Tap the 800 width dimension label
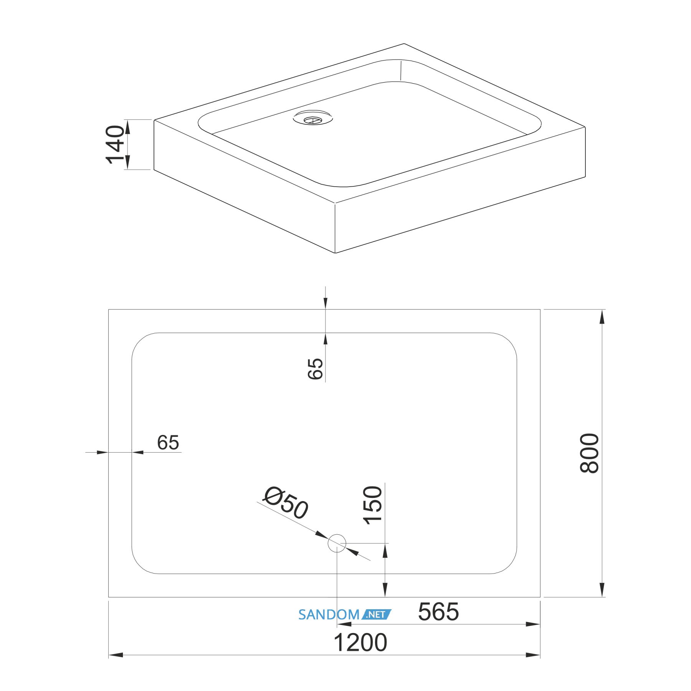pyautogui.click(x=589, y=453)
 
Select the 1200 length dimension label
pyautogui.click(x=360, y=643)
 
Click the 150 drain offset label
pyautogui.click(x=373, y=505)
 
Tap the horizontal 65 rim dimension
pyautogui.click(x=168, y=443)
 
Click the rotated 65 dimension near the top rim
pyautogui.click(x=316, y=369)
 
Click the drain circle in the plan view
pyautogui.click(x=337, y=543)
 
